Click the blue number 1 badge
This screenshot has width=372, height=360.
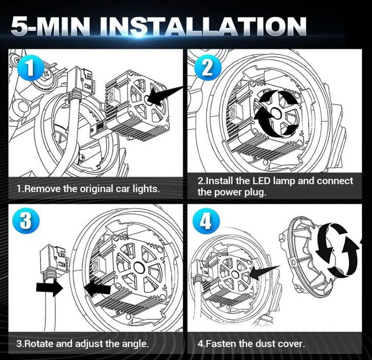pos(30,68)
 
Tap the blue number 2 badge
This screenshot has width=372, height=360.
pos(208,68)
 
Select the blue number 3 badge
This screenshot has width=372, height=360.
pos(26,221)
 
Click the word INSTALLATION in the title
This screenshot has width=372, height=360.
pos(203,26)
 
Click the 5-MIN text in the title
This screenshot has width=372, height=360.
pos(51,26)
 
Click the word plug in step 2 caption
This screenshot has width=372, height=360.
pos(255,192)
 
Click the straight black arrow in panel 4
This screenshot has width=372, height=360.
pos(264,273)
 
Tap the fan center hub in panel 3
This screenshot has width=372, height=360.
pos(139,266)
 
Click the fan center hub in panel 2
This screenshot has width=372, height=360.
pos(275,112)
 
